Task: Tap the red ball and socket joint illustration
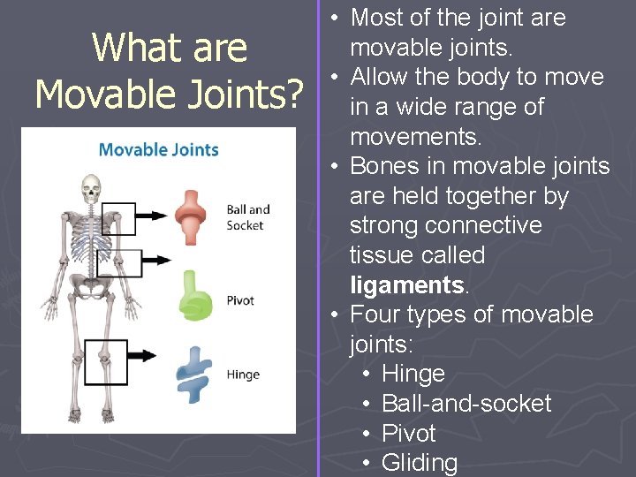tap(189, 216)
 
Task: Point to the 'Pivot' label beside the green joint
tap(239, 300)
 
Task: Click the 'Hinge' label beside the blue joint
tap(242, 375)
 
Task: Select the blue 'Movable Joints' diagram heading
tap(158, 148)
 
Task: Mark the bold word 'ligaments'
tap(406, 284)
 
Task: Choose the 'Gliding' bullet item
tap(419, 463)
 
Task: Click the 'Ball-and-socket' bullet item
tap(466, 404)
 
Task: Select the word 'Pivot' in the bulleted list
tap(408, 433)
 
